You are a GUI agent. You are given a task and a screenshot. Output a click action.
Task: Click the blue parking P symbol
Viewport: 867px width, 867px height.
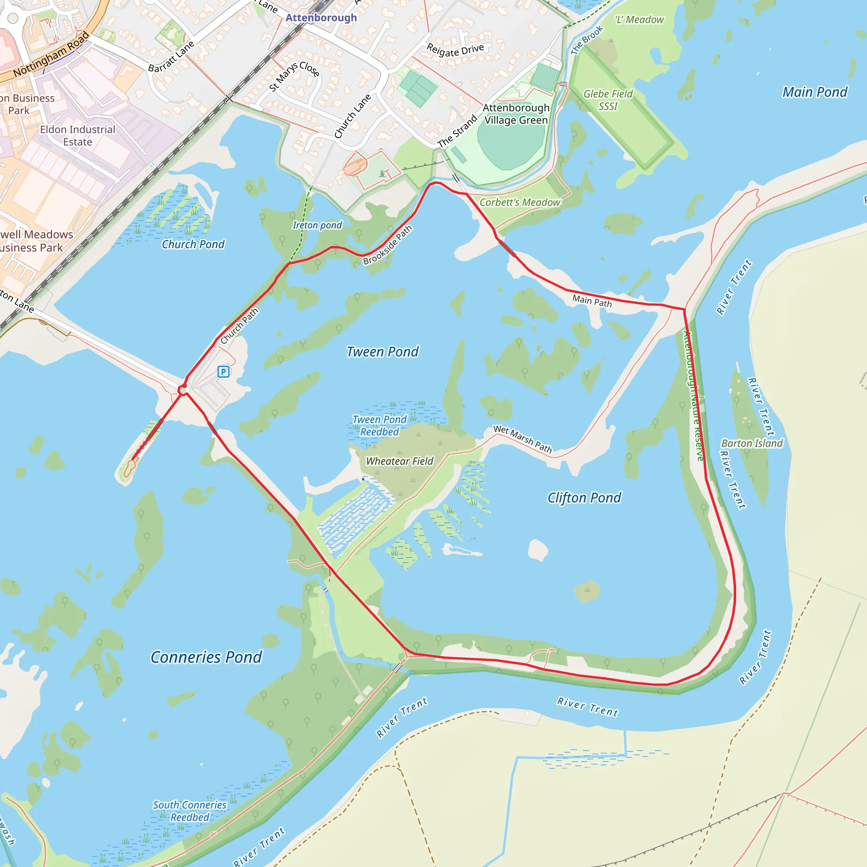click(x=224, y=372)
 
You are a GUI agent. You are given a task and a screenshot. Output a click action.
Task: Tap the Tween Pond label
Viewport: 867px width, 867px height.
click(x=382, y=352)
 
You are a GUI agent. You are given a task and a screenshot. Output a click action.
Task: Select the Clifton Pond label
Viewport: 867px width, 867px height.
click(x=584, y=498)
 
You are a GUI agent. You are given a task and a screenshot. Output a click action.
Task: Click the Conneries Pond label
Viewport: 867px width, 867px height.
click(x=206, y=657)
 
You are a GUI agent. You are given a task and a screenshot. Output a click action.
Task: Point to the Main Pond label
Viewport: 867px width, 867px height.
click(x=815, y=92)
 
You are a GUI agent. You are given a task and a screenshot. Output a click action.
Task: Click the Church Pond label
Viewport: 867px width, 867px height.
click(x=193, y=244)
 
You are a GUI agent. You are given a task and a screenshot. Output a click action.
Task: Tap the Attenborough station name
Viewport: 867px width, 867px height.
click(x=321, y=17)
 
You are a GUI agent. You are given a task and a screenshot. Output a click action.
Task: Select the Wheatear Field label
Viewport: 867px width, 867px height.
click(x=399, y=461)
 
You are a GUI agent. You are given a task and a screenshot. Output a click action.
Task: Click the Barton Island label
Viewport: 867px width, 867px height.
click(x=752, y=443)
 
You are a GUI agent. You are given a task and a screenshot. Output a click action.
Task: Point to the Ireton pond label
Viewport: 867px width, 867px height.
click(x=317, y=225)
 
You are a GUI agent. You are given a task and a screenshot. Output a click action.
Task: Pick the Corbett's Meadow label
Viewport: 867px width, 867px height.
click(x=520, y=202)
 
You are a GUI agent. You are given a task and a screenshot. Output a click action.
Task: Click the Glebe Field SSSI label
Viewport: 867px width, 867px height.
click(x=607, y=100)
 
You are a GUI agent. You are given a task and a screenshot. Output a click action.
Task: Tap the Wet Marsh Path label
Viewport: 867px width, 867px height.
click(x=522, y=439)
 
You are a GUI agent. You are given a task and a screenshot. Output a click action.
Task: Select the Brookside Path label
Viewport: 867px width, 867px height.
click(x=387, y=245)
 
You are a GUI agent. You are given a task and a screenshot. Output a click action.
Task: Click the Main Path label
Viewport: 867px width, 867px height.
click(x=591, y=301)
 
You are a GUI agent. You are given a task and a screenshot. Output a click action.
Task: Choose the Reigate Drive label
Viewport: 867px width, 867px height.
click(x=455, y=50)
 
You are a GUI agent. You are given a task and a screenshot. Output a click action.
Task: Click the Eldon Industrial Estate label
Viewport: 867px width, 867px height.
click(x=77, y=135)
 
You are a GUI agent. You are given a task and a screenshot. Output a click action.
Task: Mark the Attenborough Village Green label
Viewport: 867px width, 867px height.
click(x=516, y=114)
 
